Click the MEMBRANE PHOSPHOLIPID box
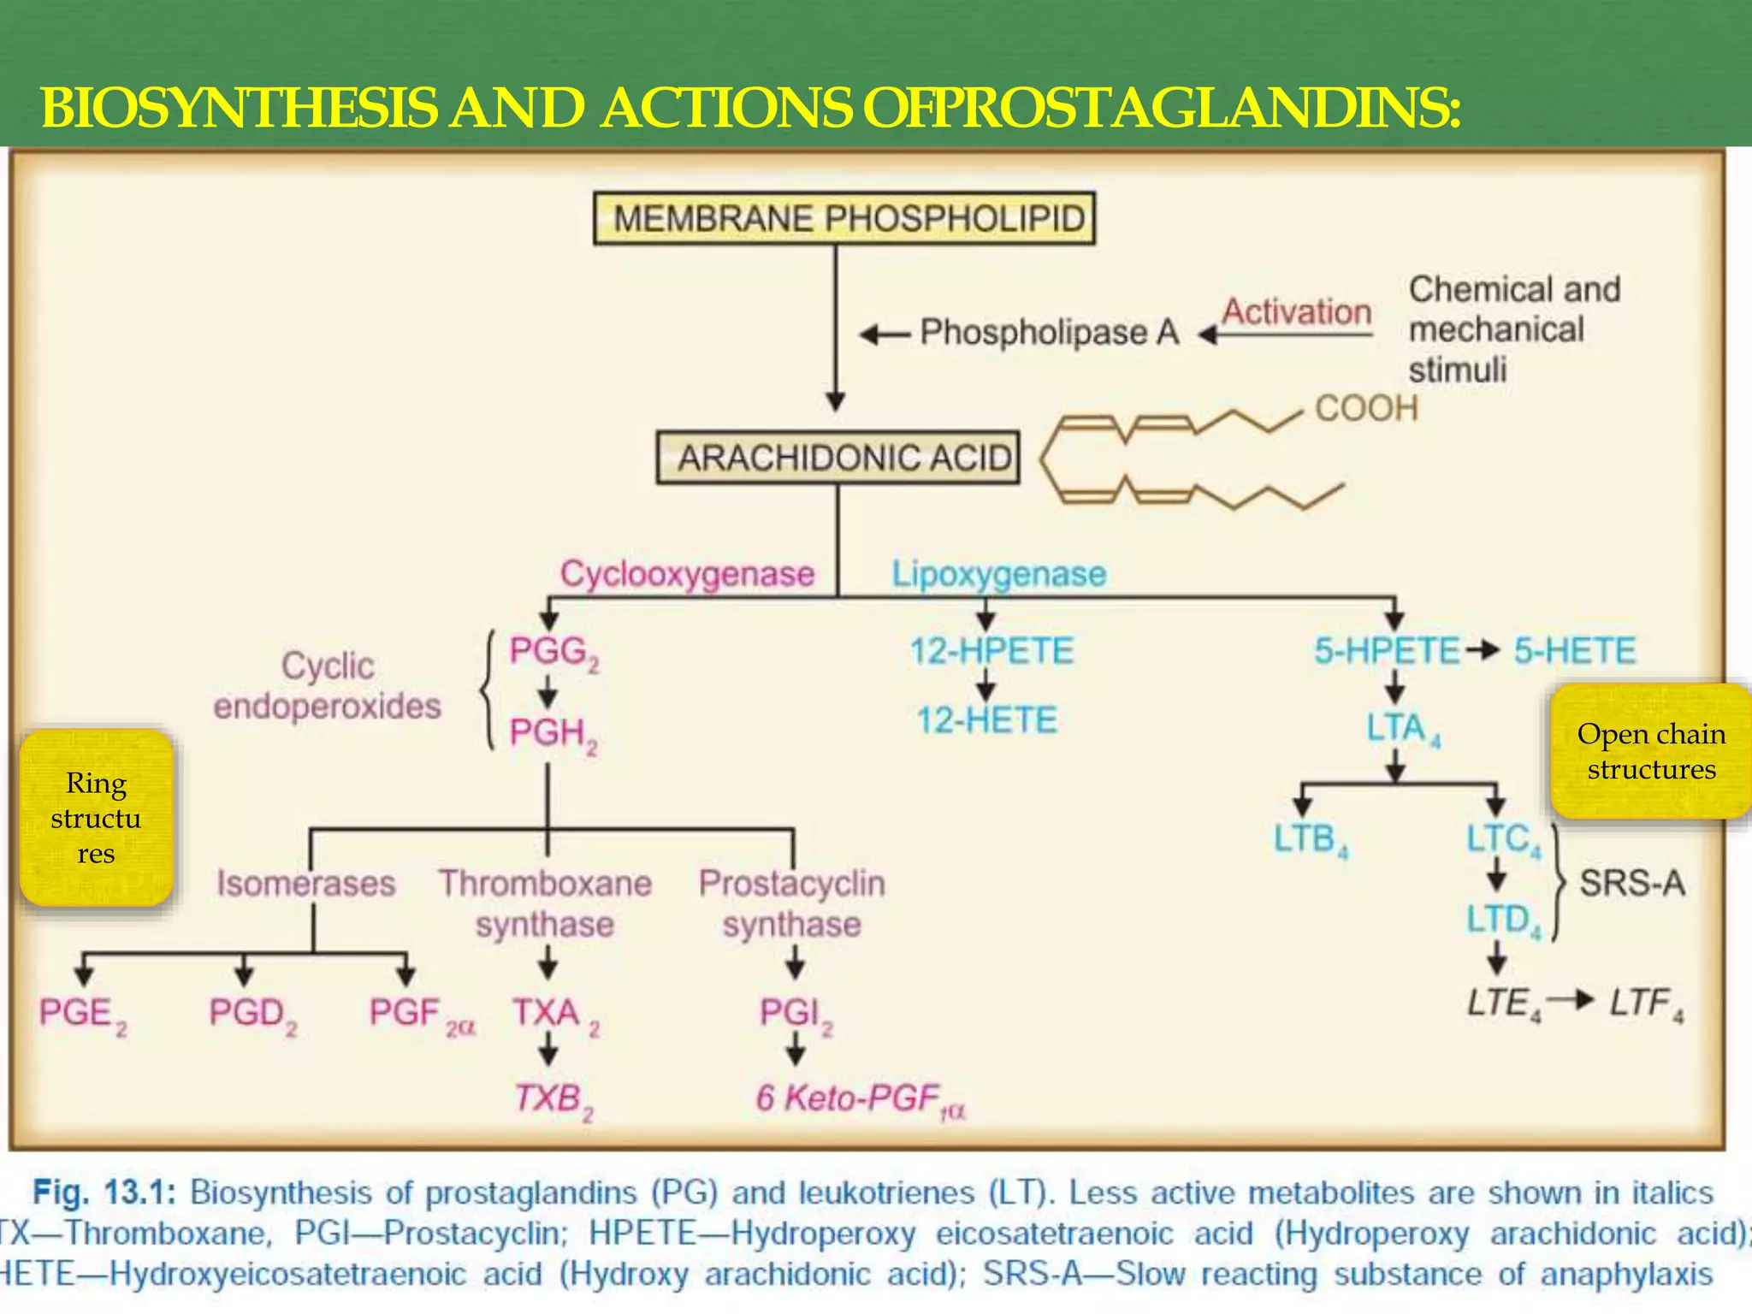844,218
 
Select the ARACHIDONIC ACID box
838,458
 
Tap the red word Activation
1297,311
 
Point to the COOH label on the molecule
1366,408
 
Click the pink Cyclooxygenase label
687,573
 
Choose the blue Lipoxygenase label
999,573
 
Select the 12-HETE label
987,719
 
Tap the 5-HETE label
1575,651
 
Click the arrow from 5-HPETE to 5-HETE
1484,651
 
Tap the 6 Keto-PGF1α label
860,1098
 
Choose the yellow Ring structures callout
96,818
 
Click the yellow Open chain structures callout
1651,751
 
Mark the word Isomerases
306,883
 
